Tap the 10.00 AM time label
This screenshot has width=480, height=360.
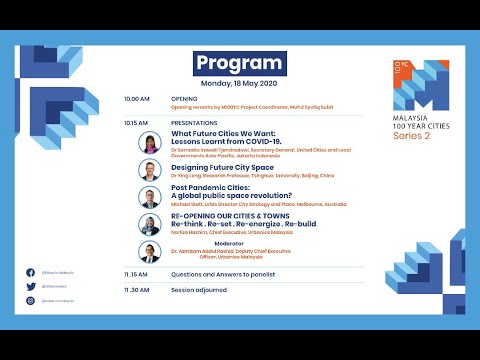pos(137,100)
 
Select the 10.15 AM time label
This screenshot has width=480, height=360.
pos(137,123)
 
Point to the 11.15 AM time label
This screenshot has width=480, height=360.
pos(136,273)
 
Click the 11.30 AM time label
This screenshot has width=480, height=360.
pos(136,290)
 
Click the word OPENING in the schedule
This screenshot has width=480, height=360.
pos(185,100)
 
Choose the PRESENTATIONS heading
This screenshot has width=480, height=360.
pos(195,123)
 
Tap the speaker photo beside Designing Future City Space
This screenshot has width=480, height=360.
pos(150,171)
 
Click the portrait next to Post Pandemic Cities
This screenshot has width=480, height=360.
pos(150,197)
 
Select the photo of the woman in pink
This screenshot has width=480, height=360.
pos(150,143)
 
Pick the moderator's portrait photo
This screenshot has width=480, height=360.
pos(150,252)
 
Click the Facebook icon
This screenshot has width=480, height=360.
pos(30,272)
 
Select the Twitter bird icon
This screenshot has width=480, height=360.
pos(30,286)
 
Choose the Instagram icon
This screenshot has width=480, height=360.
pos(30,299)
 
